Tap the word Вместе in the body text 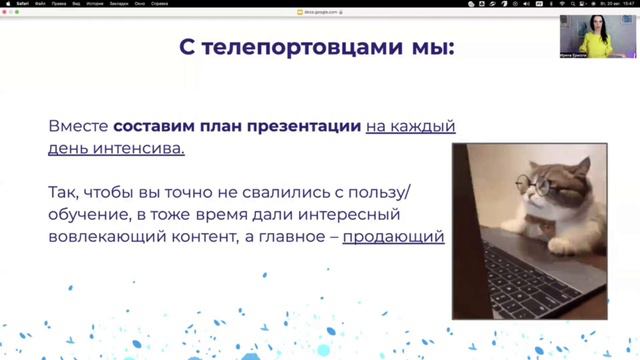coord(78,128)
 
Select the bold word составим coord(152,128)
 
